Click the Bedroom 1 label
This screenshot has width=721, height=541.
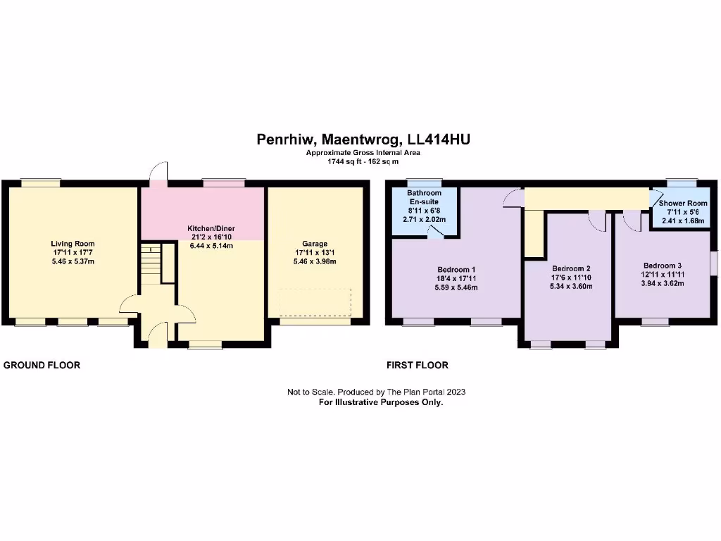pyautogui.click(x=457, y=270)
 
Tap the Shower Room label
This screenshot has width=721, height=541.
pyautogui.click(x=682, y=203)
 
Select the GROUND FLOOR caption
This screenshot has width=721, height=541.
pyautogui.click(x=42, y=365)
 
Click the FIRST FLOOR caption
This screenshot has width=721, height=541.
pyautogui.click(x=418, y=365)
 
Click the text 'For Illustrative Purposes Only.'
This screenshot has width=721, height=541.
pyautogui.click(x=381, y=402)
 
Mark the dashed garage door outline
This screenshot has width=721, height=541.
pyautogui.click(x=314, y=303)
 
